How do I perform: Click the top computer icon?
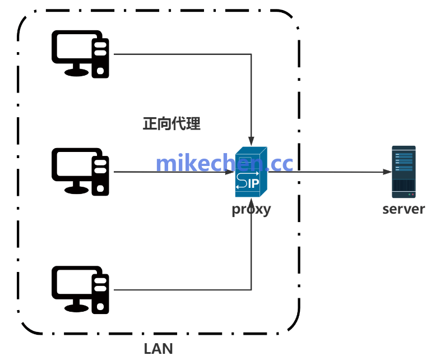point(80,54)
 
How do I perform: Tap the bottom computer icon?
point(80,289)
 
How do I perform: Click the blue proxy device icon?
point(251,172)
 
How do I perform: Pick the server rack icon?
point(404,172)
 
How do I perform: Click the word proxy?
point(251,210)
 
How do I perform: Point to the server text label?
point(404,210)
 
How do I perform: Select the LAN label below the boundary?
point(159,348)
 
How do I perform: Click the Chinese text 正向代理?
point(172,124)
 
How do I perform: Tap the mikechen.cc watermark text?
point(224,163)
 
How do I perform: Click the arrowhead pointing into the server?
point(387,172)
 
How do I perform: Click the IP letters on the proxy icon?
point(253,183)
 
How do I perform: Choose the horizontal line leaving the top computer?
point(179,54)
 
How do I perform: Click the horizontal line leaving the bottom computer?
point(179,290)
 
